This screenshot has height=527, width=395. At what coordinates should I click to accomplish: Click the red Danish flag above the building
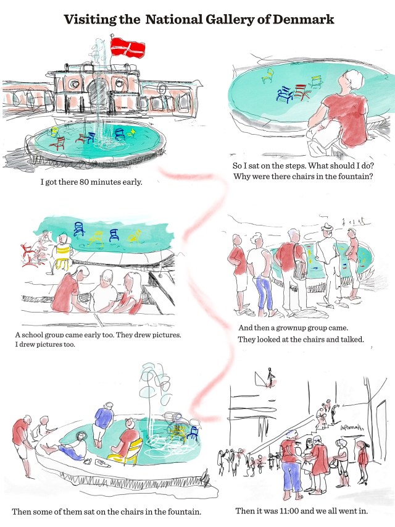[x=128, y=48]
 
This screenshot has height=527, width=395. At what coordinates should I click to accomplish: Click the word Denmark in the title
[x=303, y=20]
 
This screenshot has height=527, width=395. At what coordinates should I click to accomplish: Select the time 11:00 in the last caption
[x=288, y=511]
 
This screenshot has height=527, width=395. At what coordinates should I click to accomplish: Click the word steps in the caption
[x=295, y=166]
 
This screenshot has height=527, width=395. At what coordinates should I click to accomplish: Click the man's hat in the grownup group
[x=327, y=227]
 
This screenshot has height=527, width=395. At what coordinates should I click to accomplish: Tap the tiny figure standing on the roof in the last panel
[x=269, y=377]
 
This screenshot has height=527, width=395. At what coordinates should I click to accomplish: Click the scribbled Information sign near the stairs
[x=352, y=428]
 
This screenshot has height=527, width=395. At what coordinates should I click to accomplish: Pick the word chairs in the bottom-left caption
[x=133, y=512]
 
